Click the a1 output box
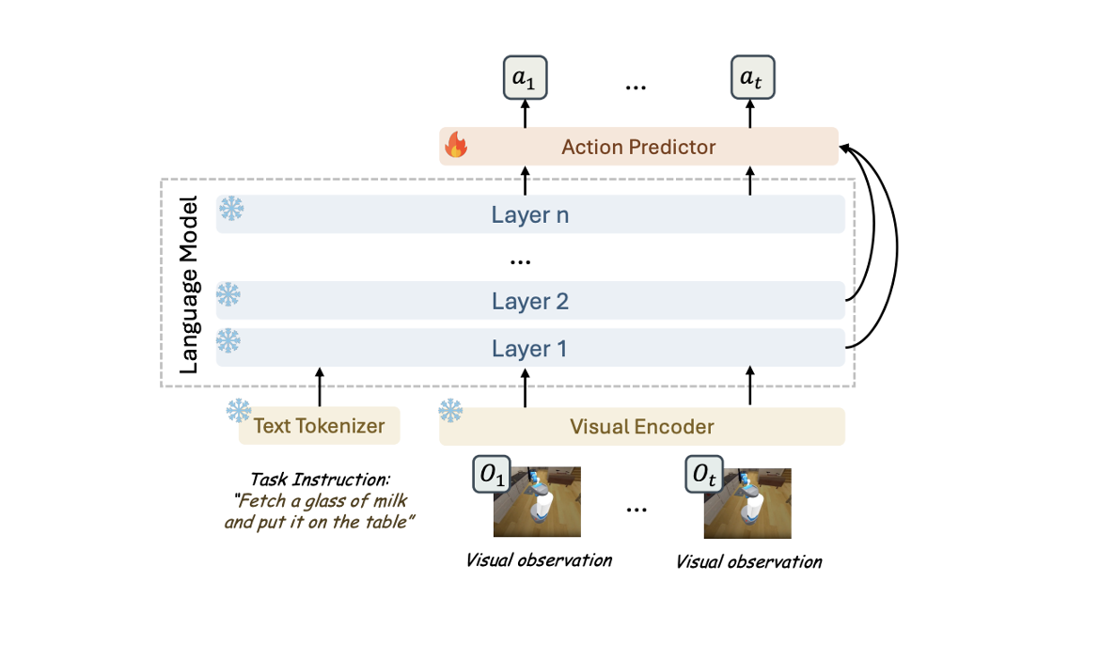525,77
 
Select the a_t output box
752,77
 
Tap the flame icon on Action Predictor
456,145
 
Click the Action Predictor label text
638,147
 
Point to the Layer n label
529,214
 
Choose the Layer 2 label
529,301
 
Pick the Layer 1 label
529,349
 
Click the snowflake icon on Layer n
231,209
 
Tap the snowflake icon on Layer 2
228,294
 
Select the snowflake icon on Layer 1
228,340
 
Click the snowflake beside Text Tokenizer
239,411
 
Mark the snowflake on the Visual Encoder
450,411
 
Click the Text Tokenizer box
320,425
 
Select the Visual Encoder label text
642,427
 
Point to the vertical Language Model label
189,284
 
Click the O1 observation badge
492,475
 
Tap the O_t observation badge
704,475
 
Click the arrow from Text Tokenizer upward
320,386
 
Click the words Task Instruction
320,480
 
